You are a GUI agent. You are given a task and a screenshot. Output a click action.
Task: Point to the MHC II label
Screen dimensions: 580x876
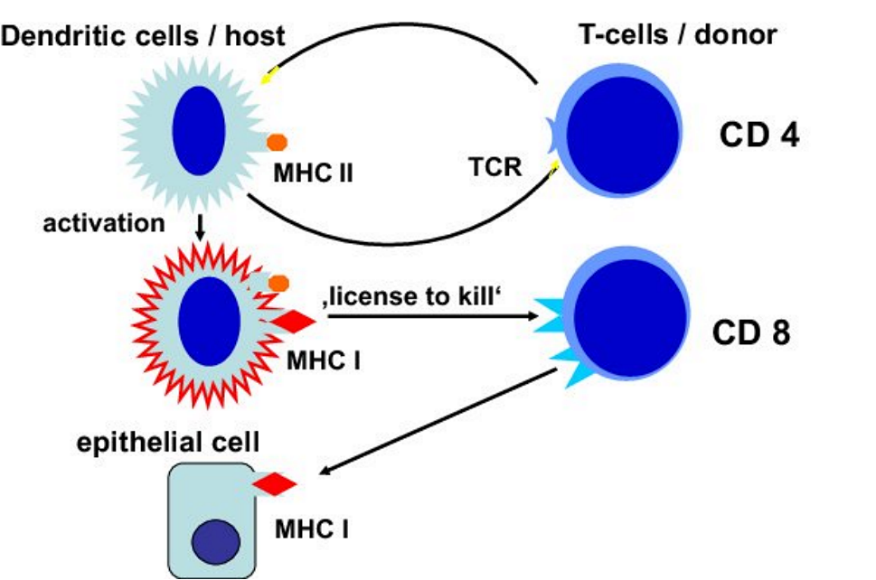[x=313, y=171]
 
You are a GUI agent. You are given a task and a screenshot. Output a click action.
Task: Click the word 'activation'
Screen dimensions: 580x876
[x=104, y=222]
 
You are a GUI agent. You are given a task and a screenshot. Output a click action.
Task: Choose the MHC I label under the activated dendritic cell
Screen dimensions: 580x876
[x=323, y=361]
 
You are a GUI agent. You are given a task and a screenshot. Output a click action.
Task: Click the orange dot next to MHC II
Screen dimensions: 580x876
[x=277, y=142]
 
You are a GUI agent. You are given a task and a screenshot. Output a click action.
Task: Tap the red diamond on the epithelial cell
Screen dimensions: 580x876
[x=275, y=485]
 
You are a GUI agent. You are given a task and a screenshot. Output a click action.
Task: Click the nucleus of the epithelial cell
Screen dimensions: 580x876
[x=215, y=543]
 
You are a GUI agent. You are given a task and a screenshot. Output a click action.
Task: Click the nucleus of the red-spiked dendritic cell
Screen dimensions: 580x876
[x=209, y=323]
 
